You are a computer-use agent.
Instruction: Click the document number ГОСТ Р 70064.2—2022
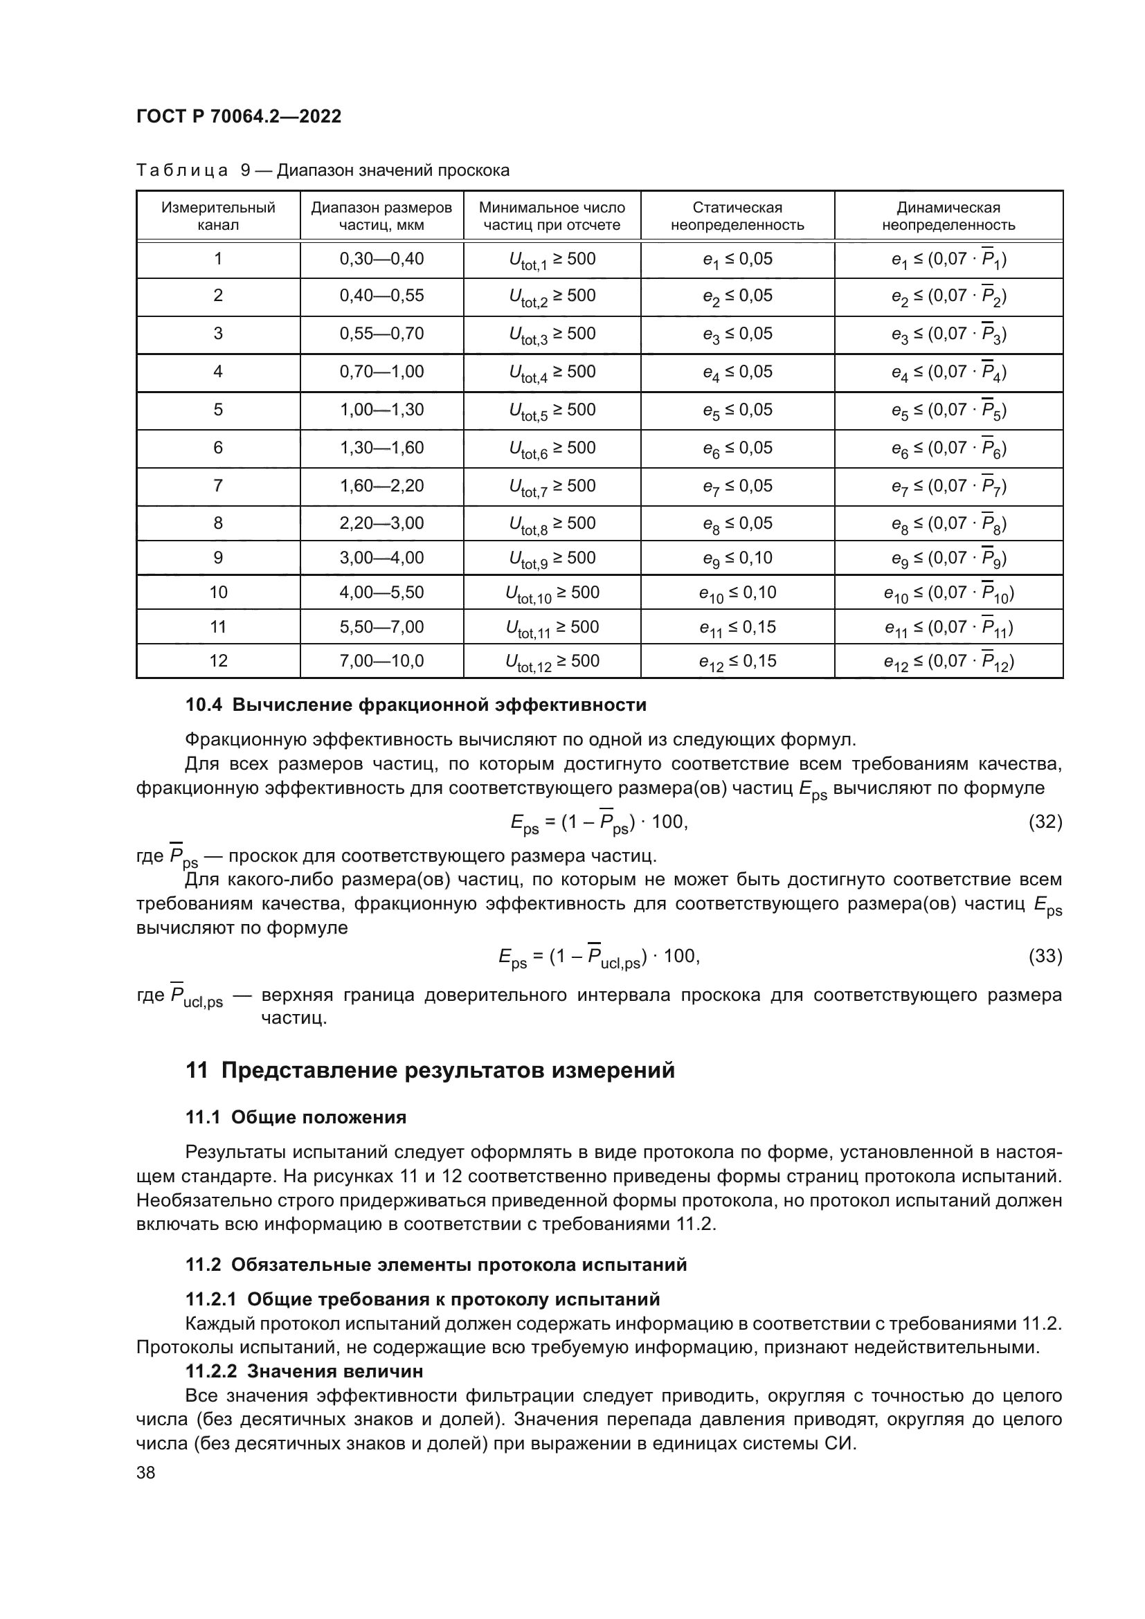click(x=239, y=116)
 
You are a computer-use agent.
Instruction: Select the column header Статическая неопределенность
click(x=737, y=216)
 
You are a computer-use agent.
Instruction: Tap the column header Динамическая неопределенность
click(x=948, y=216)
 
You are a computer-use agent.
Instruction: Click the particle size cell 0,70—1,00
click(x=381, y=372)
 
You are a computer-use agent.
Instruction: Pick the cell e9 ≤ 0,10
click(x=737, y=558)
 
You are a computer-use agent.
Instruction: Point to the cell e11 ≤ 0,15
click(x=737, y=627)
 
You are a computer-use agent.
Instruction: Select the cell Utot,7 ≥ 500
click(x=552, y=487)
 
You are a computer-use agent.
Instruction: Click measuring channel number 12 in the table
click(x=219, y=661)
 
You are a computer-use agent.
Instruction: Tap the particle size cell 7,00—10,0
click(x=381, y=661)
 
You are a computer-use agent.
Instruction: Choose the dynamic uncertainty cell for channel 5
click(x=948, y=410)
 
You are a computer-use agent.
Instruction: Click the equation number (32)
click(x=1045, y=822)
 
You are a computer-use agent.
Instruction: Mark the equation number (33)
click(x=1045, y=956)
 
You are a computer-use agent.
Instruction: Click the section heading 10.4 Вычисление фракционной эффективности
click(x=416, y=705)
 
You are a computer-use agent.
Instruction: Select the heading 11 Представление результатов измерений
click(x=430, y=1070)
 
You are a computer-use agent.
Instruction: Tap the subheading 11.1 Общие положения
click(x=296, y=1117)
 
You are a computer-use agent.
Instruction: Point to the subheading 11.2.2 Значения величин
click(x=305, y=1371)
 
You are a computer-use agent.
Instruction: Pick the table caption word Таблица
click(x=182, y=171)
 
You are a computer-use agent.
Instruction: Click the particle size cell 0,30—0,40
click(x=381, y=259)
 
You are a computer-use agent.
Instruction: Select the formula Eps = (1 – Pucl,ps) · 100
click(x=598, y=957)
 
